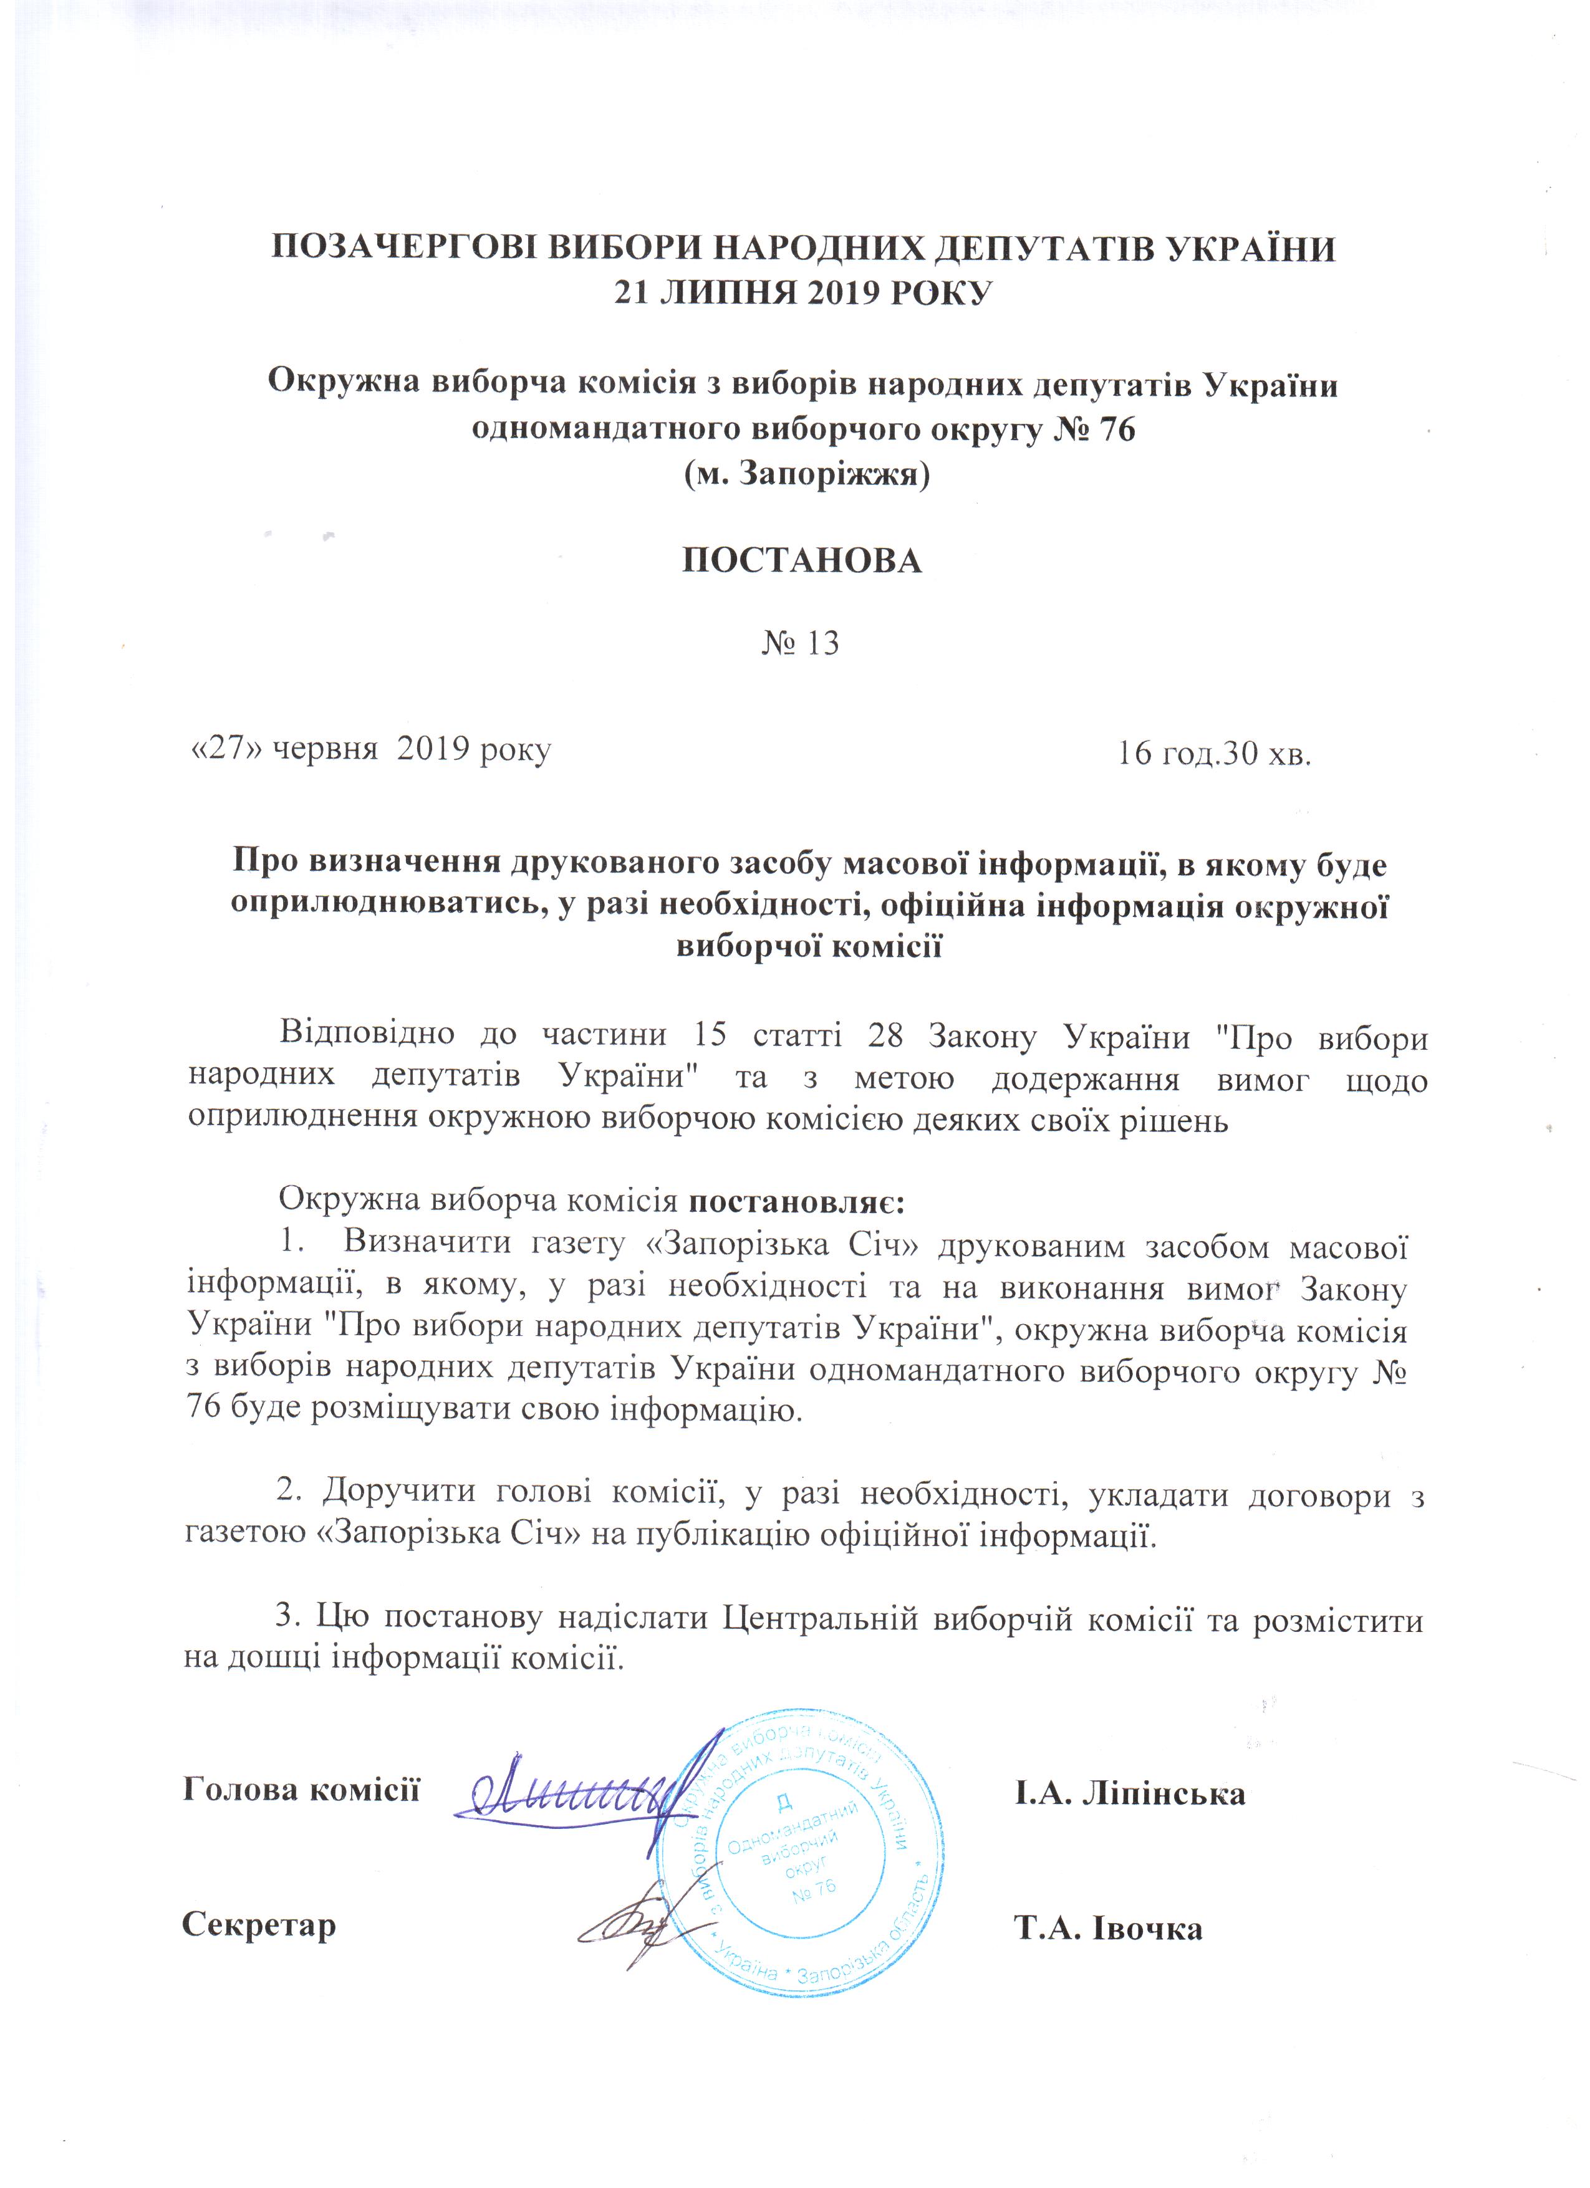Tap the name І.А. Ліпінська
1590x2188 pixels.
1128,1793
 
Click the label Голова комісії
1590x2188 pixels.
301,1790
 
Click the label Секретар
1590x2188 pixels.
259,1926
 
